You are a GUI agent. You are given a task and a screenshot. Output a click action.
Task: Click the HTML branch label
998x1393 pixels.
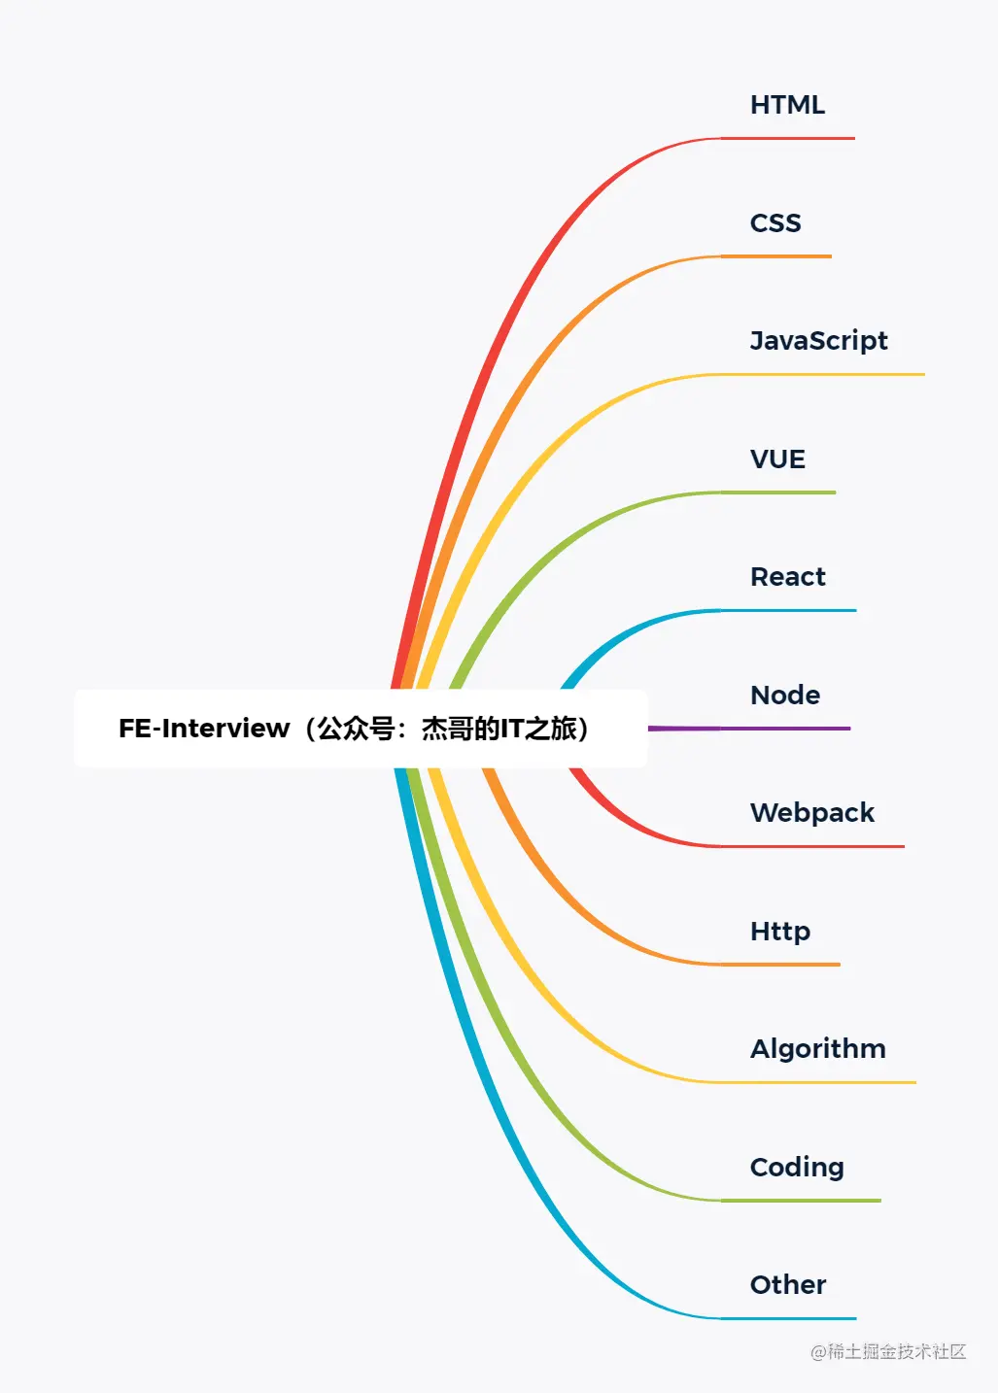coord(787,105)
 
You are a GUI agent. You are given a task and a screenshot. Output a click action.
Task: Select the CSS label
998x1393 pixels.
coord(775,223)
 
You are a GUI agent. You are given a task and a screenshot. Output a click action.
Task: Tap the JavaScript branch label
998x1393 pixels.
coord(818,341)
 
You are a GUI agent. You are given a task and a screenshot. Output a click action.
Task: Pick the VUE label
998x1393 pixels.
coord(777,459)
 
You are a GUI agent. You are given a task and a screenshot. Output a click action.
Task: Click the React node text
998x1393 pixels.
coord(788,577)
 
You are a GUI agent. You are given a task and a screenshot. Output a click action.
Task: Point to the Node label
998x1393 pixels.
coord(785,696)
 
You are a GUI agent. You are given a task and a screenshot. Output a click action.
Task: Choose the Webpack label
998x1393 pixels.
coord(812,813)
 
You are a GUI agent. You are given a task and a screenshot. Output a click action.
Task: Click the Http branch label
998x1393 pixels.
coord(780,932)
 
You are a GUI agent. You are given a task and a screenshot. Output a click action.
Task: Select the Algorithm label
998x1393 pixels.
coord(818,1049)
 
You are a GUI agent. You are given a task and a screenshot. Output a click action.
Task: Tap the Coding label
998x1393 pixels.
coord(797,1168)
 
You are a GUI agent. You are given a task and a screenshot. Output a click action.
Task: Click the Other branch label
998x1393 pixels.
coord(788,1285)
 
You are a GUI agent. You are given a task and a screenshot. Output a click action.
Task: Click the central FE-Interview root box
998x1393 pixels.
coord(361,729)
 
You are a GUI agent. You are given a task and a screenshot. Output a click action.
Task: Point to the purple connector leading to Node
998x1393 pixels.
coord(748,728)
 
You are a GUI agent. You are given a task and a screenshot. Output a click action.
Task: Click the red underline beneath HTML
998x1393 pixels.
coord(788,139)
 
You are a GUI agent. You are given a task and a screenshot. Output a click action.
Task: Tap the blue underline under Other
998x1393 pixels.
coord(788,1318)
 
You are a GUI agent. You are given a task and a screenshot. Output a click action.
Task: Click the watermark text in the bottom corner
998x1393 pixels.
coord(888,1351)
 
